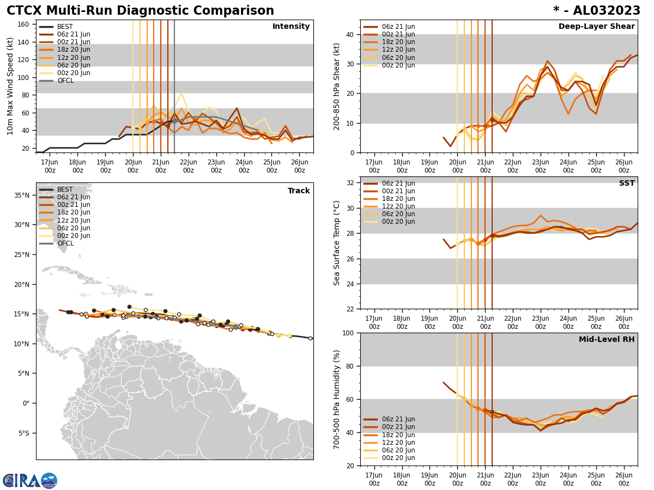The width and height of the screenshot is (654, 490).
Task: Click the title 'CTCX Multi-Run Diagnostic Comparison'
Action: click(x=140, y=11)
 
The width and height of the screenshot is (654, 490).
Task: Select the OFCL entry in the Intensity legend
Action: click(x=65, y=81)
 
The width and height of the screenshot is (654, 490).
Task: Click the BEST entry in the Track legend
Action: click(x=65, y=189)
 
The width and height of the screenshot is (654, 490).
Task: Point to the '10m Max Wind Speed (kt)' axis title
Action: click(x=10, y=86)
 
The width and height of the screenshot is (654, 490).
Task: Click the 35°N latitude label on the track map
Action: click(x=22, y=195)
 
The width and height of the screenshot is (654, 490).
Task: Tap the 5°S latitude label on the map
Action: click(x=23, y=433)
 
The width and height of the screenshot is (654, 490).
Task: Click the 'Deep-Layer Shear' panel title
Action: click(x=596, y=27)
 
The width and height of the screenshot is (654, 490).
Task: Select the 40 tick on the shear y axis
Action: click(x=349, y=34)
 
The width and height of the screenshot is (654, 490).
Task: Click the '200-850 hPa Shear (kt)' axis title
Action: click(x=337, y=86)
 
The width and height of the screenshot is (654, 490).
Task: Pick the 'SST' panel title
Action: click(x=626, y=183)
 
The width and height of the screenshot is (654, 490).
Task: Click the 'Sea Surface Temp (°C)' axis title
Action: click(x=337, y=243)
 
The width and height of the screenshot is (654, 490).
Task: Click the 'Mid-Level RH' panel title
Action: click(x=607, y=340)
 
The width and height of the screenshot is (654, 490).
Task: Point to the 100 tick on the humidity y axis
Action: click(x=347, y=333)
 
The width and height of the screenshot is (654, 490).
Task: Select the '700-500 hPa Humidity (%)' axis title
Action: click(x=337, y=399)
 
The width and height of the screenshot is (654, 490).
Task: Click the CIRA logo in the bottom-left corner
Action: click(x=29, y=481)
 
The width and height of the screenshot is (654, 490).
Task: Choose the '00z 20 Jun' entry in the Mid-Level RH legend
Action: click(x=398, y=458)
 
